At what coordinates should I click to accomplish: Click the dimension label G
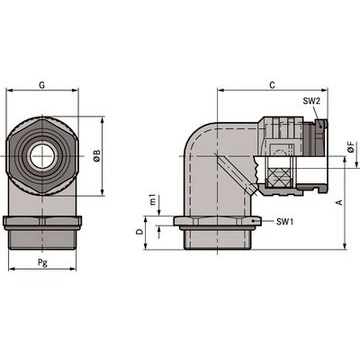pos(42,85)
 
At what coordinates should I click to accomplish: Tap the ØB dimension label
pos(97,156)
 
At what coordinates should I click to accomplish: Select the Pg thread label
pos(42,262)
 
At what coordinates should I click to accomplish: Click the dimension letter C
pos(272,85)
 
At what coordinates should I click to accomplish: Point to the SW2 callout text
pos(311,101)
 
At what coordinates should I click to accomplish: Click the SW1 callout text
pos(285,222)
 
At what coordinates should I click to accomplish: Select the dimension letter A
pos(340,202)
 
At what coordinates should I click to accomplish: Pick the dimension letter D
pos(140,232)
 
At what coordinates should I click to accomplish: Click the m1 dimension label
pos(154,200)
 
